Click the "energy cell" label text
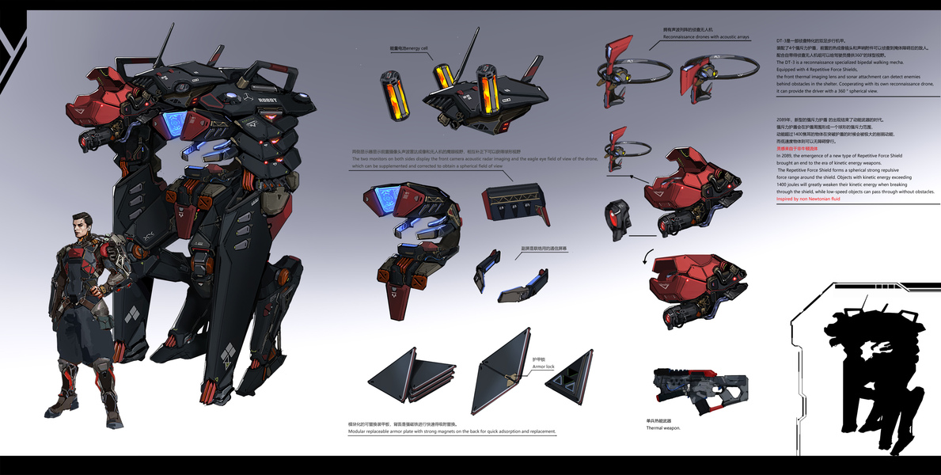point(410,49)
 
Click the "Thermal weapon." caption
point(663,427)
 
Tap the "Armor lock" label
point(544,367)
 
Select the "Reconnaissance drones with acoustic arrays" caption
point(706,37)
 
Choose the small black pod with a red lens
point(618,219)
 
